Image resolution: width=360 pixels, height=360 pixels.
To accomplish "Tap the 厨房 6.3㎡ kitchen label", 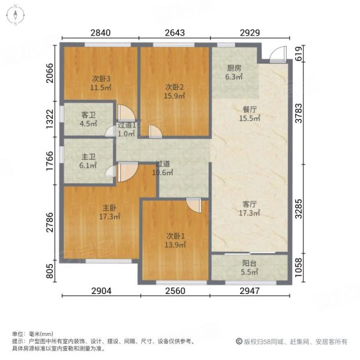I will pos(234,72).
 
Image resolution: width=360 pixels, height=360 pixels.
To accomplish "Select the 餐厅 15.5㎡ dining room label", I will pos(249,114).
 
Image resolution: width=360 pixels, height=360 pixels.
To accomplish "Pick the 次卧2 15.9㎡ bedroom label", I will pos(175,90).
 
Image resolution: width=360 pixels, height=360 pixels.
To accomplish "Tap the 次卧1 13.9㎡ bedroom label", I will pos(176,240).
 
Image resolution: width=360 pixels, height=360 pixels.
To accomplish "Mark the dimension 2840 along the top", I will pos(101,32).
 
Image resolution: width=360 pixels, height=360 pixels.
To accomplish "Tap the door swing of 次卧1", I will pos(193,205).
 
